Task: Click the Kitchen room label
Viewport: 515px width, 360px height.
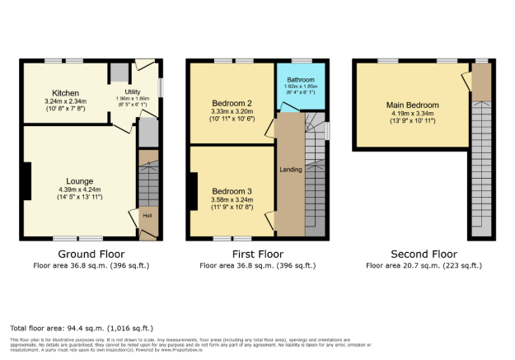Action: coord(64,93)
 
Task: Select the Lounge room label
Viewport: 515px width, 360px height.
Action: coord(81,180)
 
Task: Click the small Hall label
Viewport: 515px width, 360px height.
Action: coord(147,216)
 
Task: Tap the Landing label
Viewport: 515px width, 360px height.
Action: coord(289,171)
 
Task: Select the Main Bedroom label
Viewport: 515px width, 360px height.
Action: coord(412,105)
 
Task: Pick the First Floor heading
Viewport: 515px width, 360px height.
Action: coord(257,255)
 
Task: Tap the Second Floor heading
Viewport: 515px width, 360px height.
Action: coord(424,255)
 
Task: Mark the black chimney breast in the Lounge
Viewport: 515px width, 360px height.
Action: coord(27,181)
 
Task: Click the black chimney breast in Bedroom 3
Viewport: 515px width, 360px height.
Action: coord(194,190)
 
